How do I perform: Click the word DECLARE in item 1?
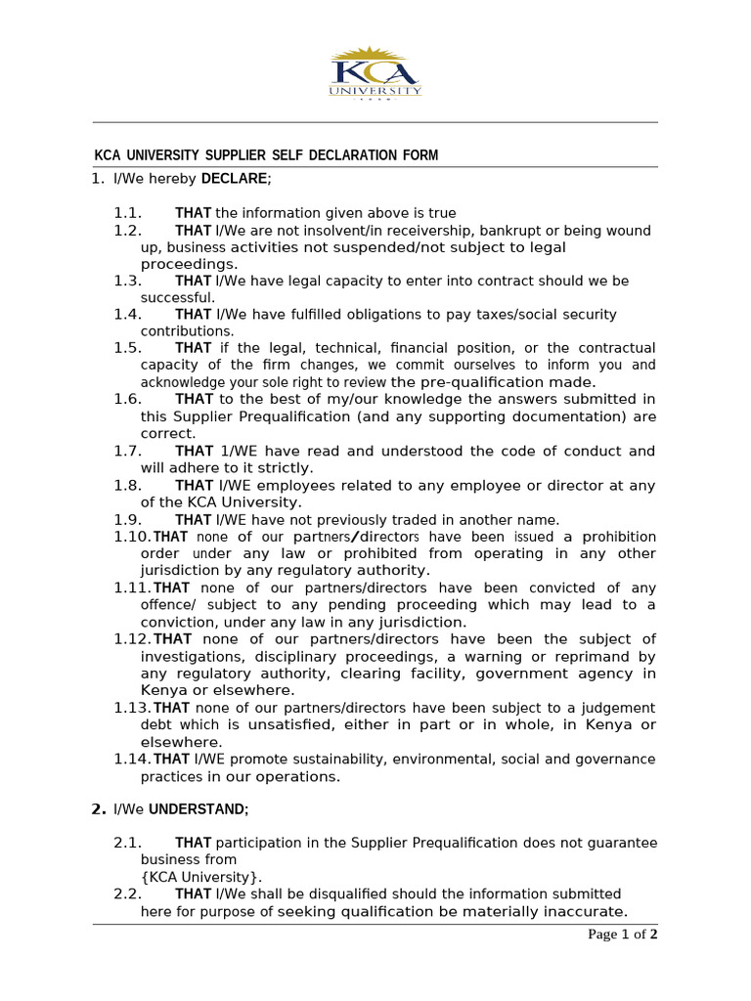(234, 179)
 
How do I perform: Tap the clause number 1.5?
(127, 349)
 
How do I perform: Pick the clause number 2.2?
(127, 894)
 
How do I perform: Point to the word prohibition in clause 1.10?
(620, 538)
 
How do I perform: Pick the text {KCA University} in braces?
(201, 877)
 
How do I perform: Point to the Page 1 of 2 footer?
(622, 935)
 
